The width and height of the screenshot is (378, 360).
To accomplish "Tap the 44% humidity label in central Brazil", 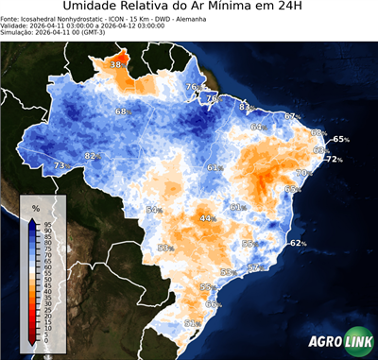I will click(206, 218).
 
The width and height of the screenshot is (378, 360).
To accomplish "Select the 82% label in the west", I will click(92, 156).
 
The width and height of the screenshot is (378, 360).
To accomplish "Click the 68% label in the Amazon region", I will click(122, 112).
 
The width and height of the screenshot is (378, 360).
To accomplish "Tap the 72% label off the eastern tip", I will click(334, 159).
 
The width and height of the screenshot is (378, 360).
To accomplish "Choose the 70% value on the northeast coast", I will click(303, 173).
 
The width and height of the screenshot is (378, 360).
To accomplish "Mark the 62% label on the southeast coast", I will click(298, 243).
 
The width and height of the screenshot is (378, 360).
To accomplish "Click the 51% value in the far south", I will click(190, 323).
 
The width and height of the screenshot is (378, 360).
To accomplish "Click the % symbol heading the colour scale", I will click(35, 207).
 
